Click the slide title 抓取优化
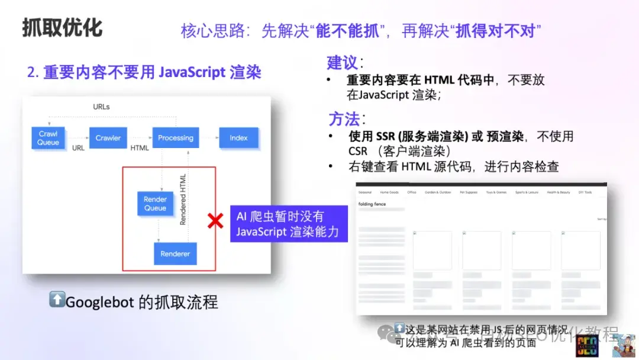coord(62,28)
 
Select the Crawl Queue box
coord(48,138)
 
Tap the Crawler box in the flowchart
coord(108,138)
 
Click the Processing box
coord(175,138)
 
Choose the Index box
coord(238,138)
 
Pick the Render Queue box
coord(155,204)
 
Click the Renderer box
coord(175,253)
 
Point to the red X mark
coord(215,221)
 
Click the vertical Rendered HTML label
coord(183,199)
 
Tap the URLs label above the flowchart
coord(101,107)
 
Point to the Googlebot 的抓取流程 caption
coord(133,302)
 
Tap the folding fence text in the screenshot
coord(372,204)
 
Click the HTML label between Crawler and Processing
coord(140,148)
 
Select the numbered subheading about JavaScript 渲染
coord(144,72)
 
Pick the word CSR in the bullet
coord(358,151)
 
